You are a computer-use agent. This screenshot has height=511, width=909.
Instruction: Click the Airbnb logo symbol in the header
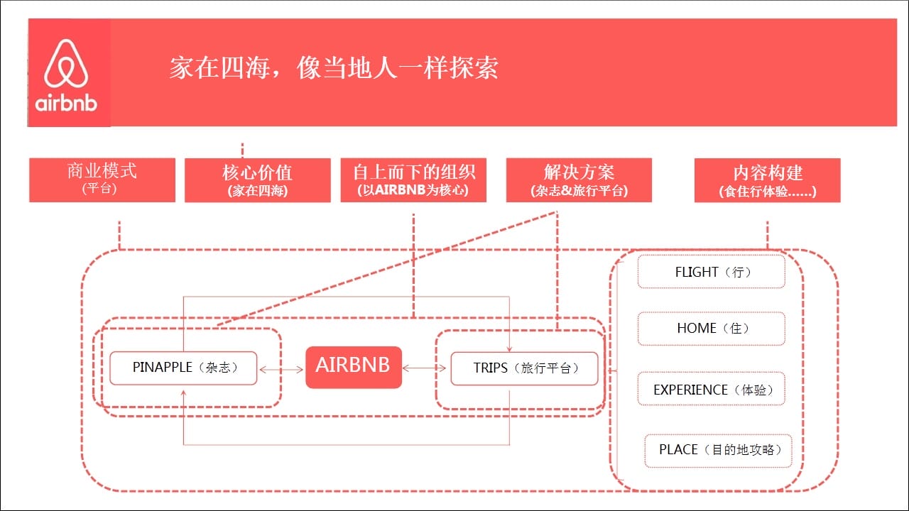[x=66, y=63]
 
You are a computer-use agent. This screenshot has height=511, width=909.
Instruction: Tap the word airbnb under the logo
[x=66, y=103]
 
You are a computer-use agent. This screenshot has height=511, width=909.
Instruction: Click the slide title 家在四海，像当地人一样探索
[x=334, y=67]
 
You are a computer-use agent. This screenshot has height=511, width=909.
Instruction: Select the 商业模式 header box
[x=102, y=180]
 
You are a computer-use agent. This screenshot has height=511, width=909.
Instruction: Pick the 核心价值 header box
[x=258, y=180]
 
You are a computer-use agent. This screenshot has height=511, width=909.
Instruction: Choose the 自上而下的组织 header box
[x=413, y=180]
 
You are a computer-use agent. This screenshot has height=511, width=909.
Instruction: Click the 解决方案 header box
[x=579, y=180]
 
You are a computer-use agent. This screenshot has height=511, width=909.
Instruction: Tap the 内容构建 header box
[x=768, y=180]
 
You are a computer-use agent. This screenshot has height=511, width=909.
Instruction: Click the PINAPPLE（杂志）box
[x=183, y=368]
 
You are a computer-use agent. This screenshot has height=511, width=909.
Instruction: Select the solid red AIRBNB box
[x=354, y=367]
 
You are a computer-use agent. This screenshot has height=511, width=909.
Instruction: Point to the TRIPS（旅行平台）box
[x=524, y=368]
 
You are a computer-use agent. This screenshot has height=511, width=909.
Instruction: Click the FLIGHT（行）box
[x=712, y=272]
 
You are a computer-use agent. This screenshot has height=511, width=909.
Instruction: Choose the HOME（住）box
[x=712, y=329]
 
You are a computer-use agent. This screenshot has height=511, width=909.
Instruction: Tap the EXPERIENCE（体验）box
[x=712, y=388]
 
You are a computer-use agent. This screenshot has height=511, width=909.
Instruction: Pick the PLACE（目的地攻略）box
[x=718, y=451]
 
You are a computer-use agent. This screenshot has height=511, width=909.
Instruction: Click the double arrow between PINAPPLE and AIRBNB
[x=281, y=370]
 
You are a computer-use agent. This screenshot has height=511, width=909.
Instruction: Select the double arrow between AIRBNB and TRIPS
[x=425, y=368]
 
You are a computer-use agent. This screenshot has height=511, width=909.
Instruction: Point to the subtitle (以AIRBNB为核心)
[x=413, y=189]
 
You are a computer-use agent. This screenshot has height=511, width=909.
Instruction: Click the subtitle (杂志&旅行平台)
[x=579, y=191]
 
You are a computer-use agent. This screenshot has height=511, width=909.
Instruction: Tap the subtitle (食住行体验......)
[x=768, y=191]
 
